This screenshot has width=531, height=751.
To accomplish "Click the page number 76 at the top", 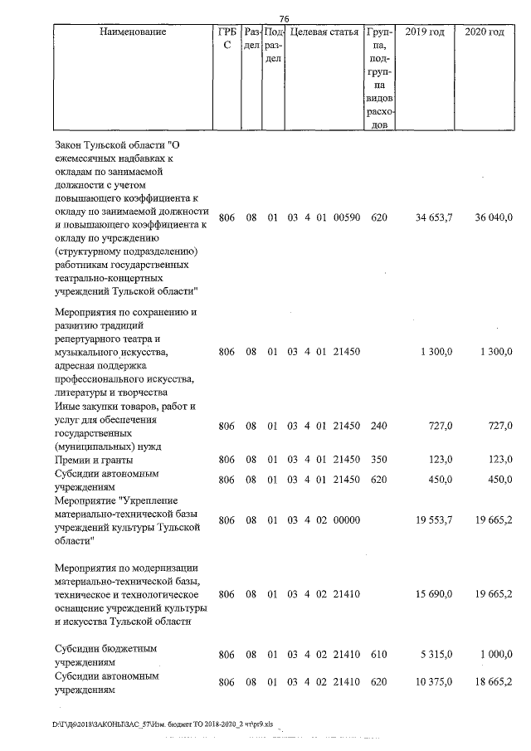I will [x=284, y=19].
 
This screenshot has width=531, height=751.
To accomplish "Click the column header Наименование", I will [x=132, y=32].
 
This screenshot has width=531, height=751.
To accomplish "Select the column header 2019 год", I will [x=424, y=32].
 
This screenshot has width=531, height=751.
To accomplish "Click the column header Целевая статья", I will [x=324, y=32].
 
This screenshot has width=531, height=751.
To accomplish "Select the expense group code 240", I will [x=378, y=426].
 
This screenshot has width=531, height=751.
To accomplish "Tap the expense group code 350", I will [x=378, y=459].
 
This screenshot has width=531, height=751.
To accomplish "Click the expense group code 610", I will [x=378, y=655].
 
